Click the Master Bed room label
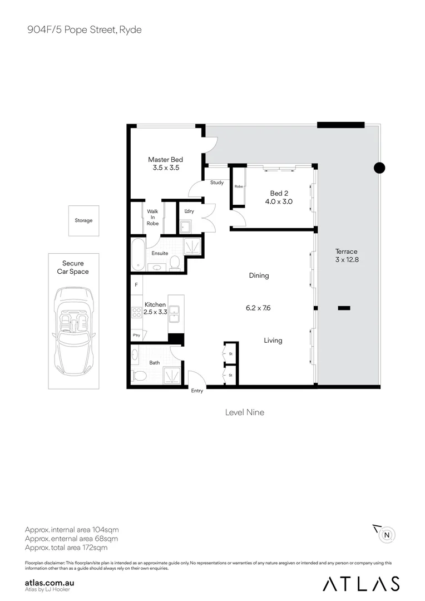pos(166,159)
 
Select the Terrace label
pos(347,252)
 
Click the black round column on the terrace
pos(379,168)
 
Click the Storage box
pos(83,220)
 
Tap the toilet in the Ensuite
pos(175,263)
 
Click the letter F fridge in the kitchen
pos(136,285)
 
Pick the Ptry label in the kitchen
pos(136,335)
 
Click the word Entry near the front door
pos(197,391)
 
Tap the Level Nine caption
pos(244,412)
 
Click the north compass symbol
pos(386,535)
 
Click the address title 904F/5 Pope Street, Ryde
pos(85,29)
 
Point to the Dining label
pos(259,275)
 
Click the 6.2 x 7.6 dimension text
pos(259,308)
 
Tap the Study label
pos(217,183)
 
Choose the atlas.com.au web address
pos(50,582)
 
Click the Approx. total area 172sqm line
pos(66,548)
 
